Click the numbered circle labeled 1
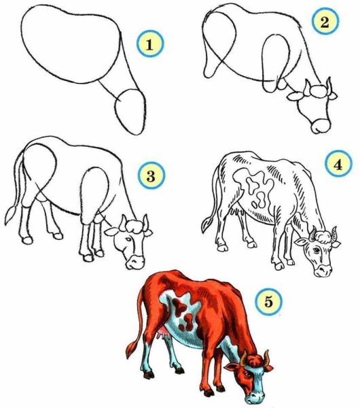point(150,44)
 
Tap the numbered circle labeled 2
point(325,22)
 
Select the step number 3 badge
point(151,175)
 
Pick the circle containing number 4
point(338,165)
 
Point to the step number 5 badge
point(268,302)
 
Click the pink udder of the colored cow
point(163,333)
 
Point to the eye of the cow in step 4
point(317,250)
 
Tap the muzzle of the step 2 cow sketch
point(321,126)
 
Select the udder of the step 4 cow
point(237,210)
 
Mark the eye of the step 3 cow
point(128,239)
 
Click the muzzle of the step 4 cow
point(323,271)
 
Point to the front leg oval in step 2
point(276,63)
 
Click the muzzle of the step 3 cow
point(135,262)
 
